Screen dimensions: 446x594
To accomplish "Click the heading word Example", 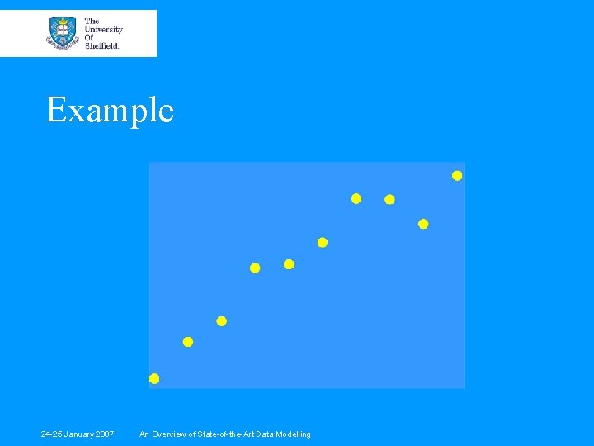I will point(110,110).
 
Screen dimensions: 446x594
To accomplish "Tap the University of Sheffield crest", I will point(63,32).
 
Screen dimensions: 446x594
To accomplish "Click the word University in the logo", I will point(104,29).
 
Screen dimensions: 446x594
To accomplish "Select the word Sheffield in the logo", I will point(102,45).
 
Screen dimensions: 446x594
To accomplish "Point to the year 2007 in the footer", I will point(103,434).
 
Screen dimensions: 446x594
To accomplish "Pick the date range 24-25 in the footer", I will point(51,434).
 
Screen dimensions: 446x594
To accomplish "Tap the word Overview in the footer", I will point(170,434).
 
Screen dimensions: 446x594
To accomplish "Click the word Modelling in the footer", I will point(294,434).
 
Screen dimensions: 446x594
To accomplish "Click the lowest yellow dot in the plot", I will point(154,379).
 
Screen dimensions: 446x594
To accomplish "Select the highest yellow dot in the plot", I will point(457,175).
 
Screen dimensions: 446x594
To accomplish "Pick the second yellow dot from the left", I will point(188,342).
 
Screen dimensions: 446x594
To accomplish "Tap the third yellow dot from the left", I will point(221,321).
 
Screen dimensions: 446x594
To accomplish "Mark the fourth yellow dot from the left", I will point(255,268).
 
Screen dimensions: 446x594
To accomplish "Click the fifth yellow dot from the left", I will point(289,264).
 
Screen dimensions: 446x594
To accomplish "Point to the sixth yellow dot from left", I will point(323,243).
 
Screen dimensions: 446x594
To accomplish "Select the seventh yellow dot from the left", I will point(356,198).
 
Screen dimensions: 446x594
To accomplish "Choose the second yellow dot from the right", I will point(423,224).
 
